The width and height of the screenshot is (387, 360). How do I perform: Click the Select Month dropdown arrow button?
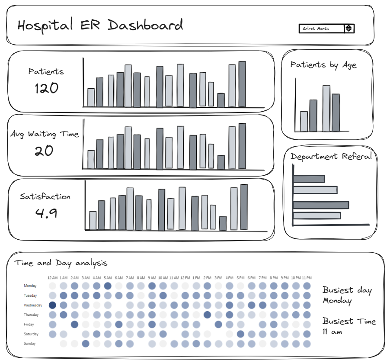349,29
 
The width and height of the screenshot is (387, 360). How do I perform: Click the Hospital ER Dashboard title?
100,26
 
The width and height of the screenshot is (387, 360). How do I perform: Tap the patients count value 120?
46,88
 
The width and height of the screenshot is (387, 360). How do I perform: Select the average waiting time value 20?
44,151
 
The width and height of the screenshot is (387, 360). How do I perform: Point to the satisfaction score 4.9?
46,213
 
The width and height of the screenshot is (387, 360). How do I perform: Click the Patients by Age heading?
323,65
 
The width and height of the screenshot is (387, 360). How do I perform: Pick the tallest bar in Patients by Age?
326,109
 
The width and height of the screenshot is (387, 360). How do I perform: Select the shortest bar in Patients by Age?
304,121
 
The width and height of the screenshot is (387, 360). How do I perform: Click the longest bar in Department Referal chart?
321,205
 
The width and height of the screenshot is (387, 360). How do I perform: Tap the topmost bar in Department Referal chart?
309,179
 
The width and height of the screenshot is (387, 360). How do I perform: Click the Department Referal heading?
331,157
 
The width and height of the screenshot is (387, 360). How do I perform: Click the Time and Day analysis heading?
61,263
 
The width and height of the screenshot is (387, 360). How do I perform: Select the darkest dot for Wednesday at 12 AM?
52,305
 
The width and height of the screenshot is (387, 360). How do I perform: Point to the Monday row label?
30,286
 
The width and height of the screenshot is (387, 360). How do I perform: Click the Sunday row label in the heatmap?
29,344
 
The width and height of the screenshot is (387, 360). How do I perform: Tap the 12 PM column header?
185,278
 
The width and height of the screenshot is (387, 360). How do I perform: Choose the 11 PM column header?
307,278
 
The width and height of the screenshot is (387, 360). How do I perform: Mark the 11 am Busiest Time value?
332,331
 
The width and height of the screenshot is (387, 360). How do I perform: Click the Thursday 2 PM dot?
207,315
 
